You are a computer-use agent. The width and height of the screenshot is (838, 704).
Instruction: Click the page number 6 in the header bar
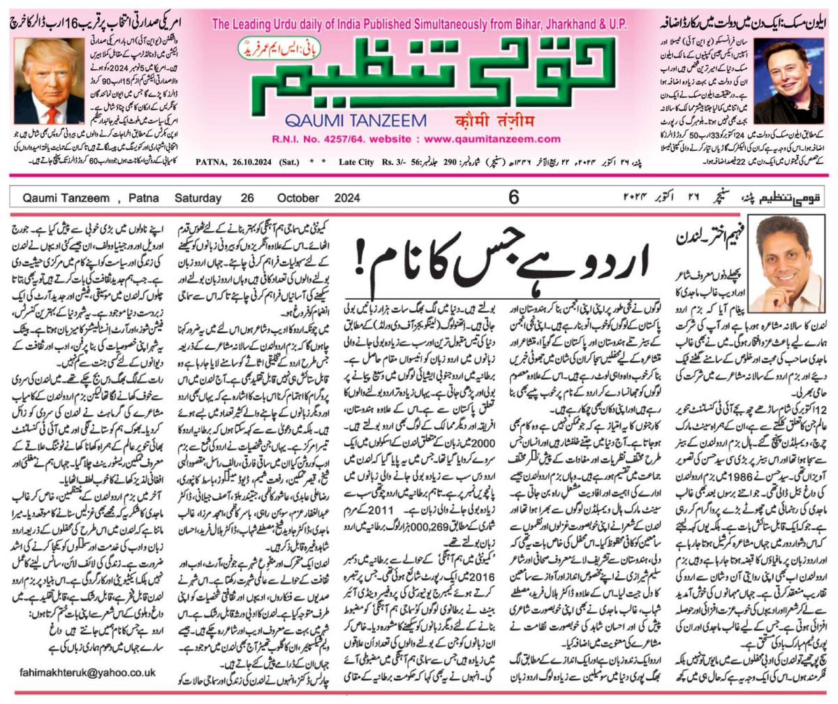tap(513, 198)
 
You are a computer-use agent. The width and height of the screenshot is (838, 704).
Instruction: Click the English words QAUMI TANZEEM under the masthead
tap(355, 120)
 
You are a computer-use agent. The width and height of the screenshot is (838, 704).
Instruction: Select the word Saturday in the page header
tap(198, 198)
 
